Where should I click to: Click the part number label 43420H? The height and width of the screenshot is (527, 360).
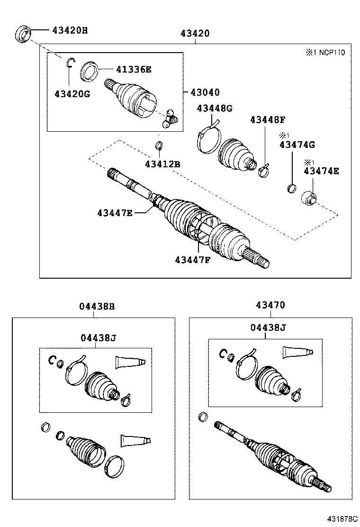click(x=70, y=30)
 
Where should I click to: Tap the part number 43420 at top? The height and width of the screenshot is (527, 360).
click(x=195, y=33)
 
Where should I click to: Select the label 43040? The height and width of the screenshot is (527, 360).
click(x=205, y=92)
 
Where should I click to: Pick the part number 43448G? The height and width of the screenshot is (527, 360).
click(x=215, y=109)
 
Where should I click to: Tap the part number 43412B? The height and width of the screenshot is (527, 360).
click(x=162, y=164)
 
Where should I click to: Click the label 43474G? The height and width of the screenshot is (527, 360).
click(x=297, y=144)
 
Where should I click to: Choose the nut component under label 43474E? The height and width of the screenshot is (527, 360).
click(x=308, y=197)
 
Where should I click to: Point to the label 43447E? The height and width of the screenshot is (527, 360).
click(x=115, y=213)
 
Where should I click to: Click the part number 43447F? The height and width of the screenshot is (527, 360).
click(x=192, y=259)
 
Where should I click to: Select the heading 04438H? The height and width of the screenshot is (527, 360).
click(x=97, y=306)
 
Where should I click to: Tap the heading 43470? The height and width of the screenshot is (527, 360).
click(x=270, y=306)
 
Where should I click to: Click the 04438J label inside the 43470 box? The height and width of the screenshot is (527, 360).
click(x=269, y=327)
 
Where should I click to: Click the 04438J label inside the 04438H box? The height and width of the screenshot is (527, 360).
click(x=98, y=337)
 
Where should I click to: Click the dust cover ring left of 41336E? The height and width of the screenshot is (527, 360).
click(x=89, y=71)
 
